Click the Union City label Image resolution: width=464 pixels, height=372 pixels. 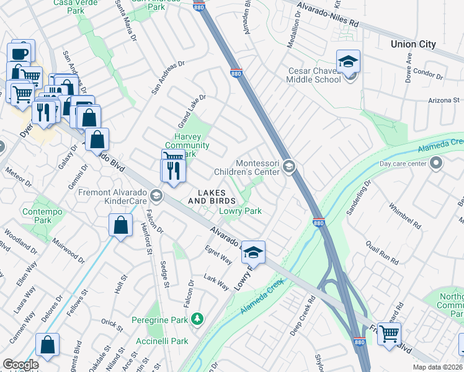(413, 44)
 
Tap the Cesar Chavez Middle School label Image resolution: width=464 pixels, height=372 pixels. (313, 75)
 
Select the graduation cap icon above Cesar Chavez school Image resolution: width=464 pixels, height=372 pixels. (348, 62)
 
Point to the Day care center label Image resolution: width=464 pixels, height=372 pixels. (403, 164)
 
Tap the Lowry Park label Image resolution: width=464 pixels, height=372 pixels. (240, 211)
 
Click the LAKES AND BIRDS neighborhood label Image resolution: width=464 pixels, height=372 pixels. (212, 197)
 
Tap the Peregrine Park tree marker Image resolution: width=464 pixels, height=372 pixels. (197, 319)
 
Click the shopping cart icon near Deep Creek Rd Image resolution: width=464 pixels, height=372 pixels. (389, 334)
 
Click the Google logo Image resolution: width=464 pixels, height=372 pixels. (20, 365)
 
